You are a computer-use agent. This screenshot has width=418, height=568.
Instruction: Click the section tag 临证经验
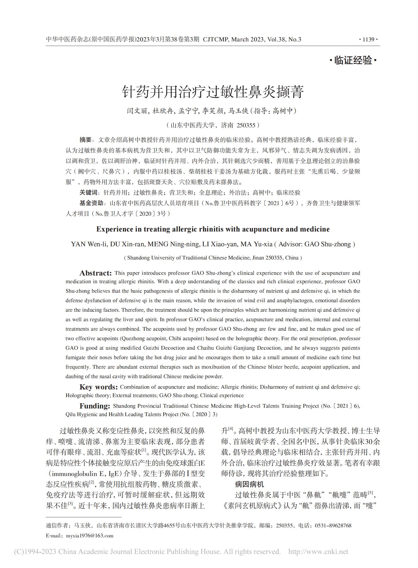click(x=353, y=60)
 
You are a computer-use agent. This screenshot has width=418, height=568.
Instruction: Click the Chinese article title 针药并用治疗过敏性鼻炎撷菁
click(x=213, y=92)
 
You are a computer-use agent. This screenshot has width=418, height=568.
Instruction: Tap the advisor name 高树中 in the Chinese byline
click(x=283, y=111)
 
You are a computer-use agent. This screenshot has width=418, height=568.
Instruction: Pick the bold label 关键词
click(x=88, y=192)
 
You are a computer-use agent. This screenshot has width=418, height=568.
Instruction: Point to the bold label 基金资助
click(x=91, y=203)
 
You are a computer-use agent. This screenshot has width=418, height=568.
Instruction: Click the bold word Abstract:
click(x=96, y=273)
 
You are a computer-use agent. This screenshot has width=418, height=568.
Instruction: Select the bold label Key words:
click(x=99, y=387)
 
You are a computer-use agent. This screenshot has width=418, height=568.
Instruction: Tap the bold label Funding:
click(x=95, y=406)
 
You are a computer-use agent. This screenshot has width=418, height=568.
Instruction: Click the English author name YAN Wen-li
click(x=89, y=244)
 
